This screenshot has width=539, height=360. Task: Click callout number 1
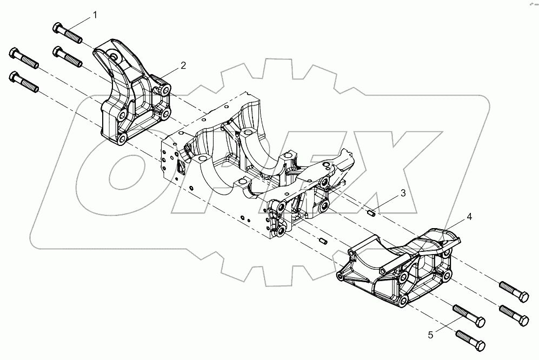point(95,15)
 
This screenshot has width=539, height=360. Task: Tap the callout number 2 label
point(183,65)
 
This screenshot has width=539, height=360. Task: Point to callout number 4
point(469,216)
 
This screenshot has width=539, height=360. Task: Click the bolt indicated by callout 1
point(67,33)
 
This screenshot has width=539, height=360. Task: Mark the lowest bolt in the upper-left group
point(25,82)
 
